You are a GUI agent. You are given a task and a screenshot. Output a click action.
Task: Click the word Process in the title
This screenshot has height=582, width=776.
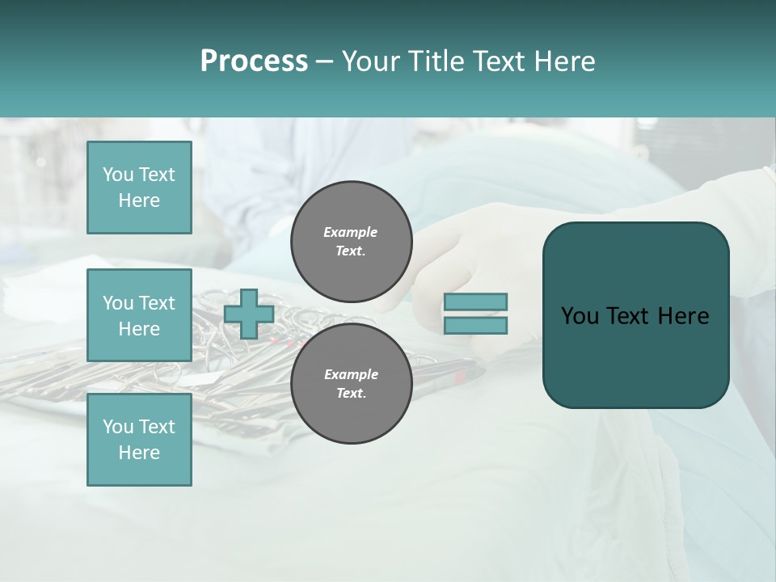coord(254,61)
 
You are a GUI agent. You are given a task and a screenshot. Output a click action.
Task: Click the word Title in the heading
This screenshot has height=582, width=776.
coord(436,61)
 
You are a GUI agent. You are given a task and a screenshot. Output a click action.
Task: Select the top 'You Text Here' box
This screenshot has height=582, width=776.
coord(139,188)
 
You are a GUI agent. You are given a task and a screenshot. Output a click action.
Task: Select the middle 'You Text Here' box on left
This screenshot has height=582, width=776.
coord(139,315)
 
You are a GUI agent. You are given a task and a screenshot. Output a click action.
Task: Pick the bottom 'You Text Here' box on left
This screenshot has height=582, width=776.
coord(139,439)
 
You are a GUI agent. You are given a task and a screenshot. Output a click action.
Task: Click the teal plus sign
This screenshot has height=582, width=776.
coord(249,314)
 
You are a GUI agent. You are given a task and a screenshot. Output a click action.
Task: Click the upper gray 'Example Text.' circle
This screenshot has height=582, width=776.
coord(351,242)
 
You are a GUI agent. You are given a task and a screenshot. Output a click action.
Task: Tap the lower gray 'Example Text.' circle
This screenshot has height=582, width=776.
coord(351,384)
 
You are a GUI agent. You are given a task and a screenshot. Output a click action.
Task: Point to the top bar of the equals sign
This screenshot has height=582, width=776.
coord(475,302)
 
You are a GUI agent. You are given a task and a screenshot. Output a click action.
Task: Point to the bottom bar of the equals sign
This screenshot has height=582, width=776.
coord(475,325)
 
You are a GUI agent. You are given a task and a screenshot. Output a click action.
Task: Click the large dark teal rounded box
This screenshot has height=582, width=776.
coord(635,356)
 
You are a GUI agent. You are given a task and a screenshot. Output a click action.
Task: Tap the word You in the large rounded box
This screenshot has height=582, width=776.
coord(580,316)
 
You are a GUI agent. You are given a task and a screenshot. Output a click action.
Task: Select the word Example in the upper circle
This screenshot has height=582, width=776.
coord(351,232)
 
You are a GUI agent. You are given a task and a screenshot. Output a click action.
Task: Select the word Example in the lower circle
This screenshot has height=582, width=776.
coord(351,374)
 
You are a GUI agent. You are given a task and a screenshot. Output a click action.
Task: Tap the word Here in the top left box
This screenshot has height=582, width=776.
coord(139,200)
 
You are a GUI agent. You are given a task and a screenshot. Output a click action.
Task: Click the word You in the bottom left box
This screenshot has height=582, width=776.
coord(117,426)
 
